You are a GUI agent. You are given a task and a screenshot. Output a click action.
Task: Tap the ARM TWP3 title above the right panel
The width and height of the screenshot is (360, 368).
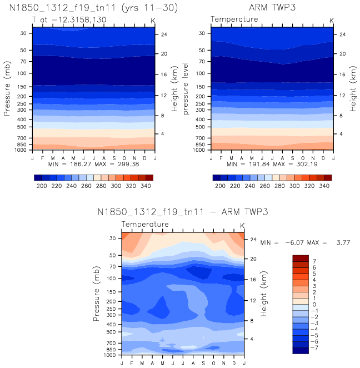click(272, 8)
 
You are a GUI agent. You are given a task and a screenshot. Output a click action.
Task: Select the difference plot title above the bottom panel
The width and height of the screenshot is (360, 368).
click(183, 212)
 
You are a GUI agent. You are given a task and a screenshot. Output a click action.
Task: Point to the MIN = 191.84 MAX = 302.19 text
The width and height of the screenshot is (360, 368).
click(272, 165)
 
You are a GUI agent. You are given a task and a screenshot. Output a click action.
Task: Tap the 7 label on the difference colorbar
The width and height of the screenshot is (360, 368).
click(314, 261)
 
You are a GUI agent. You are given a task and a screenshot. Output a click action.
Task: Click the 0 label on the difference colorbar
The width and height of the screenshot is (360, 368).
click(314, 304)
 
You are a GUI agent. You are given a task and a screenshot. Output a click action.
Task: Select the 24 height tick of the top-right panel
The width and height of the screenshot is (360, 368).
click(342, 34)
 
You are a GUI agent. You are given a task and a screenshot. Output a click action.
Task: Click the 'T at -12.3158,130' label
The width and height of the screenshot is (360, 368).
click(69, 19)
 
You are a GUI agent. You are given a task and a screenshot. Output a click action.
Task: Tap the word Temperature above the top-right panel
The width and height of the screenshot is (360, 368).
click(234, 19)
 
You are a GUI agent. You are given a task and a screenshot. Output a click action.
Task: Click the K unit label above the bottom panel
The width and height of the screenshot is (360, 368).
click(242, 225)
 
